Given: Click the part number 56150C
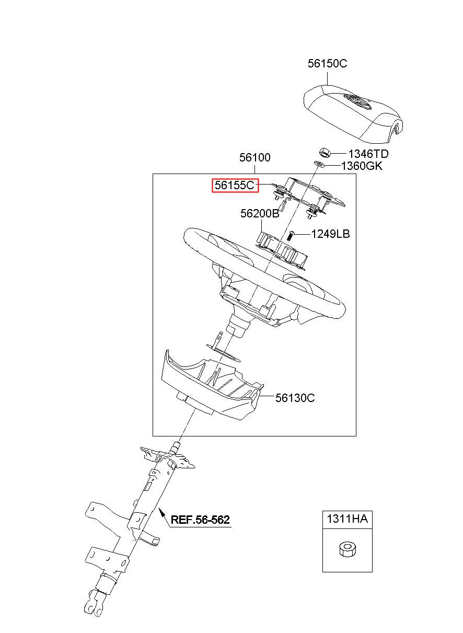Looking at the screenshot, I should coord(327,64).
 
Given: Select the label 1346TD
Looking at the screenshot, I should coord(368,154).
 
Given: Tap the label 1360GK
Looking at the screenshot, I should coord(362,166).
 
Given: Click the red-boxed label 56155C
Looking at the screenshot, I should coord(235,185).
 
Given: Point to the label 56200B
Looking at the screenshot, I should coord(260,214).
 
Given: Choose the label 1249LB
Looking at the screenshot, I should coord(330,234).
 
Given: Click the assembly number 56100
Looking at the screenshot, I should coord(255,157).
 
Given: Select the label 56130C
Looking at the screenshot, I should coord(295,398).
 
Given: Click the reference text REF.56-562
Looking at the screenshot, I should coord(200,520).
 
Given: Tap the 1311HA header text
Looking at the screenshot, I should coord(347,519).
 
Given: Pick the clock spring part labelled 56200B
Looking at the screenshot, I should coord(282,248).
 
